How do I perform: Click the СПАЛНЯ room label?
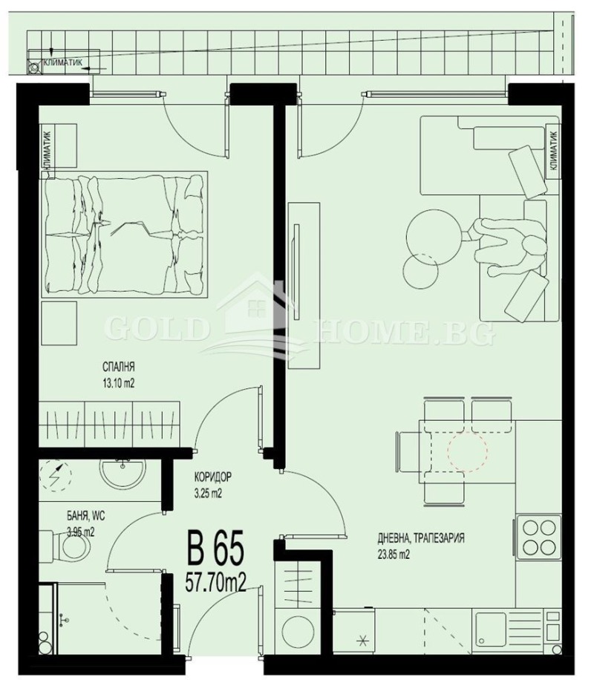[x=118, y=366]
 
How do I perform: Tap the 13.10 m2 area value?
[x=118, y=383]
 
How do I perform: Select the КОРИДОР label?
[x=213, y=477]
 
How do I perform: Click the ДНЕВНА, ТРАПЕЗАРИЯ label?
[x=421, y=538]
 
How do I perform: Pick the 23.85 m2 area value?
[x=394, y=554]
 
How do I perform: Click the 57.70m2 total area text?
[x=215, y=578]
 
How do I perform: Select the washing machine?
[x=296, y=630]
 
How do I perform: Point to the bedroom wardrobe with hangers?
[x=111, y=425]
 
